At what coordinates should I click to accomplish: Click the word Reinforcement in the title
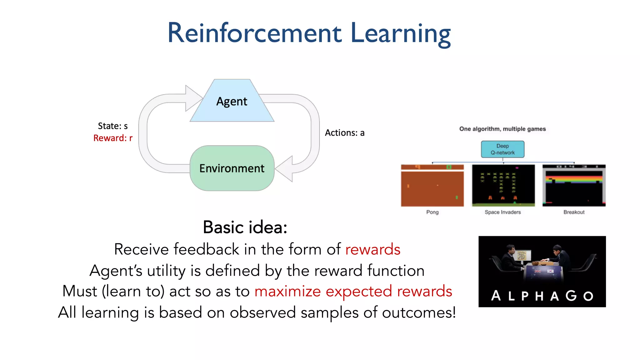[254, 33]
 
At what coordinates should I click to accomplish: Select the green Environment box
[232, 168]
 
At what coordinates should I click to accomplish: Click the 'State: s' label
[113, 126]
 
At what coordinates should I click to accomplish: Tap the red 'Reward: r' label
[113, 138]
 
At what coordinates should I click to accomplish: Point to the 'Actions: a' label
[345, 133]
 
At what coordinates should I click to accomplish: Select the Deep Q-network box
[502, 149]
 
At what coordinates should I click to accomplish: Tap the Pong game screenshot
[432, 186]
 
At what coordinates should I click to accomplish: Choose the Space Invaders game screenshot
[503, 186]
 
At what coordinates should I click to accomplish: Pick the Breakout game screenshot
[574, 186]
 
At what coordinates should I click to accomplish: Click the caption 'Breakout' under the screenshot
[574, 212]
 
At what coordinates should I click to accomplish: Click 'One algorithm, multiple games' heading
[502, 129]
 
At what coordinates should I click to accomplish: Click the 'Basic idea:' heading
[245, 227]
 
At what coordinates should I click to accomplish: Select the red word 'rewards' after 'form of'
[372, 249]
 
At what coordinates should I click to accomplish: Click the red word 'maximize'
[287, 291]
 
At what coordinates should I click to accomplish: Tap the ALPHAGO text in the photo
[542, 296]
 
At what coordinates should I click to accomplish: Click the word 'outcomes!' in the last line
[419, 312]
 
